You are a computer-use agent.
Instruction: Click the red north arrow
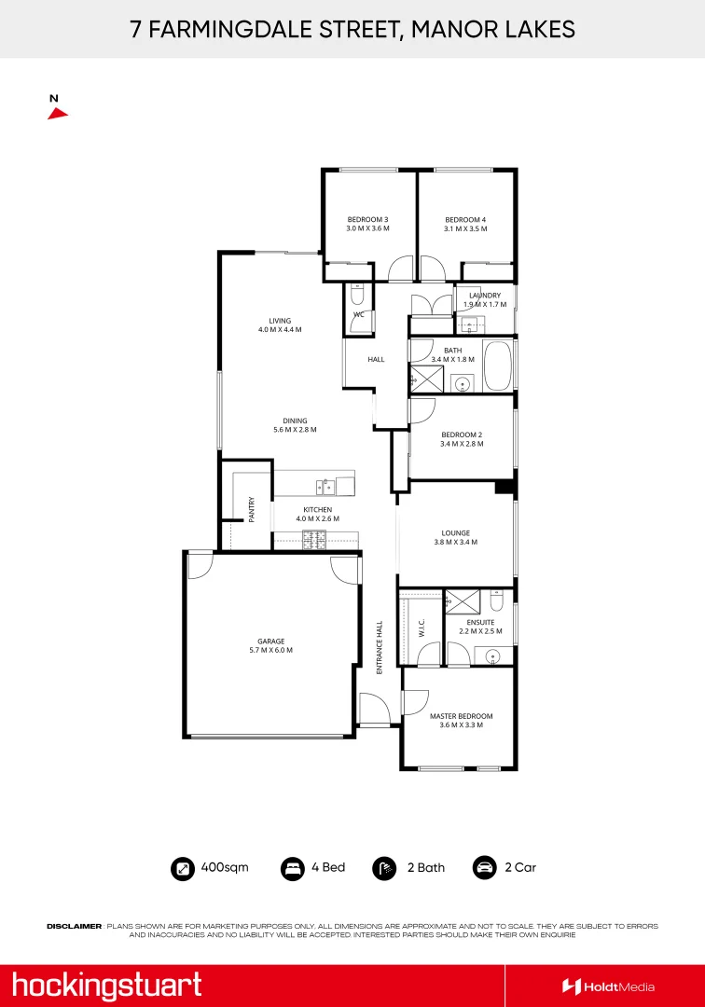(58, 113)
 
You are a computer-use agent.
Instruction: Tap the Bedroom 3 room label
(367, 219)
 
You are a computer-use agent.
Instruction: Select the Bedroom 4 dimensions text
(465, 228)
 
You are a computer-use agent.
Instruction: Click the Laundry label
(485, 296)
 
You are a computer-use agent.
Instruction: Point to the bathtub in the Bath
(497, 366)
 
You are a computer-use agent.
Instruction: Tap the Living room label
(280, 320)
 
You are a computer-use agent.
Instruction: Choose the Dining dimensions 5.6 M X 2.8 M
(296, 430)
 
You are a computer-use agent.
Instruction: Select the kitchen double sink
(325, 485)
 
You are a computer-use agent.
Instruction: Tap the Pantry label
(252, 508)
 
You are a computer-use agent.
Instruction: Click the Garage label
(271, 641)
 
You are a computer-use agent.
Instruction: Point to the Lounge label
(456, 533)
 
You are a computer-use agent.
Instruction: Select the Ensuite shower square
(460, 601)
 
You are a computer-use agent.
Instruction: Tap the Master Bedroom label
(461, 716)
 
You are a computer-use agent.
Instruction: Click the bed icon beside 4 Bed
(293, 868)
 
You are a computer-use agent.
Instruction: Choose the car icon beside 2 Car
(485, 868)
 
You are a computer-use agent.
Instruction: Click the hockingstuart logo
(106, 985)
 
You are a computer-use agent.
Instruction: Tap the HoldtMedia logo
(608, 986)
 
